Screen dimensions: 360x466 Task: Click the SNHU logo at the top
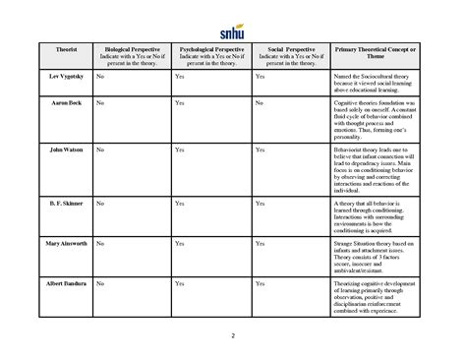click(233, 18)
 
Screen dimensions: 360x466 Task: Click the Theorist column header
click(60, 48)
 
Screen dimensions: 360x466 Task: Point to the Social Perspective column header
click(289, 52)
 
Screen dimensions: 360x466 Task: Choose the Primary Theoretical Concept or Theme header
click(374, 52)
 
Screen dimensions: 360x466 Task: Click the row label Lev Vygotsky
click(60, 76)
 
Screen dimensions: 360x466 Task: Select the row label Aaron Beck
click(60, 103)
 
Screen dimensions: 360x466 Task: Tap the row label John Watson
click(60, 150)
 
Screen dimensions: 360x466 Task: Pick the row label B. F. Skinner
click(60, 203)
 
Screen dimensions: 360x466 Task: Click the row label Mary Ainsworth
click(60, 242)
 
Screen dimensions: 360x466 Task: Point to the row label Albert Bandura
click(60, 283)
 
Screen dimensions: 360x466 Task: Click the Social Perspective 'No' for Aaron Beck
click(259, 103)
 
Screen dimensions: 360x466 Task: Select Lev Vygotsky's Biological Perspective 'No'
click(101, 76)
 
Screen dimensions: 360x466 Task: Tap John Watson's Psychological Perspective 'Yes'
click(179, 150)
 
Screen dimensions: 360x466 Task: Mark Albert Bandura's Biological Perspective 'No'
click(101, 283)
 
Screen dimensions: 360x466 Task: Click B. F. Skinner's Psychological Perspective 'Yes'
click(179, 203)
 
